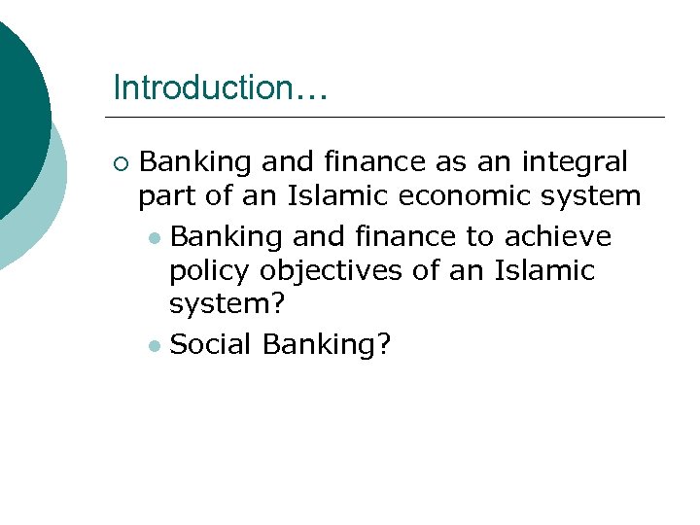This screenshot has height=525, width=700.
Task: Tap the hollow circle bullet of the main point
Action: pyautogui.click(x=120, y=161)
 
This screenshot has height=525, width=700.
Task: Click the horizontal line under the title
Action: pyautogui.click(x=389, y=118)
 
